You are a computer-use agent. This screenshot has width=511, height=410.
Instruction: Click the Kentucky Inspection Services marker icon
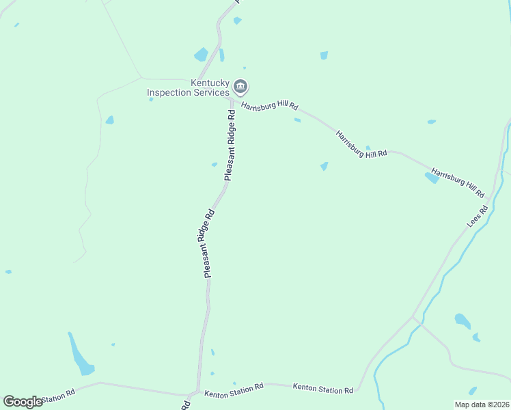240,86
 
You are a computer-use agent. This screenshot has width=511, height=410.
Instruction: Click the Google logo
23,402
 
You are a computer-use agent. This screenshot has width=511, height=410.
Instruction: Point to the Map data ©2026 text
481,404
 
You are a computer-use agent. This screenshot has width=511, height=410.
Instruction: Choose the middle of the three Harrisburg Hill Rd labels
361,144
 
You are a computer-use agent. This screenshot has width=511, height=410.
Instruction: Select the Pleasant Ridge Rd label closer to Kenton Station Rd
208,243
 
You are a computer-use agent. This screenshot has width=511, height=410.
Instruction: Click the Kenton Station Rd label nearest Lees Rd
322,388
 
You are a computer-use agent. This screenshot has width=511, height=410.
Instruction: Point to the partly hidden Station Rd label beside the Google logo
59,397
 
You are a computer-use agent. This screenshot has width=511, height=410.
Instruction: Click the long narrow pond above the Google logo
81,355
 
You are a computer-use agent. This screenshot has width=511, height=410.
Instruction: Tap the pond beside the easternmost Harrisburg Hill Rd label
432,178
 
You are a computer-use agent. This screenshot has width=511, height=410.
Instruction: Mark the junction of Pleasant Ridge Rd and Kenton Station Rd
197,394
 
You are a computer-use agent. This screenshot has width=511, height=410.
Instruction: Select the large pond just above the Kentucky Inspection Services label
201,55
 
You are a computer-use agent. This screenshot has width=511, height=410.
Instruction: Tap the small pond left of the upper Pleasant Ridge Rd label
215,164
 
